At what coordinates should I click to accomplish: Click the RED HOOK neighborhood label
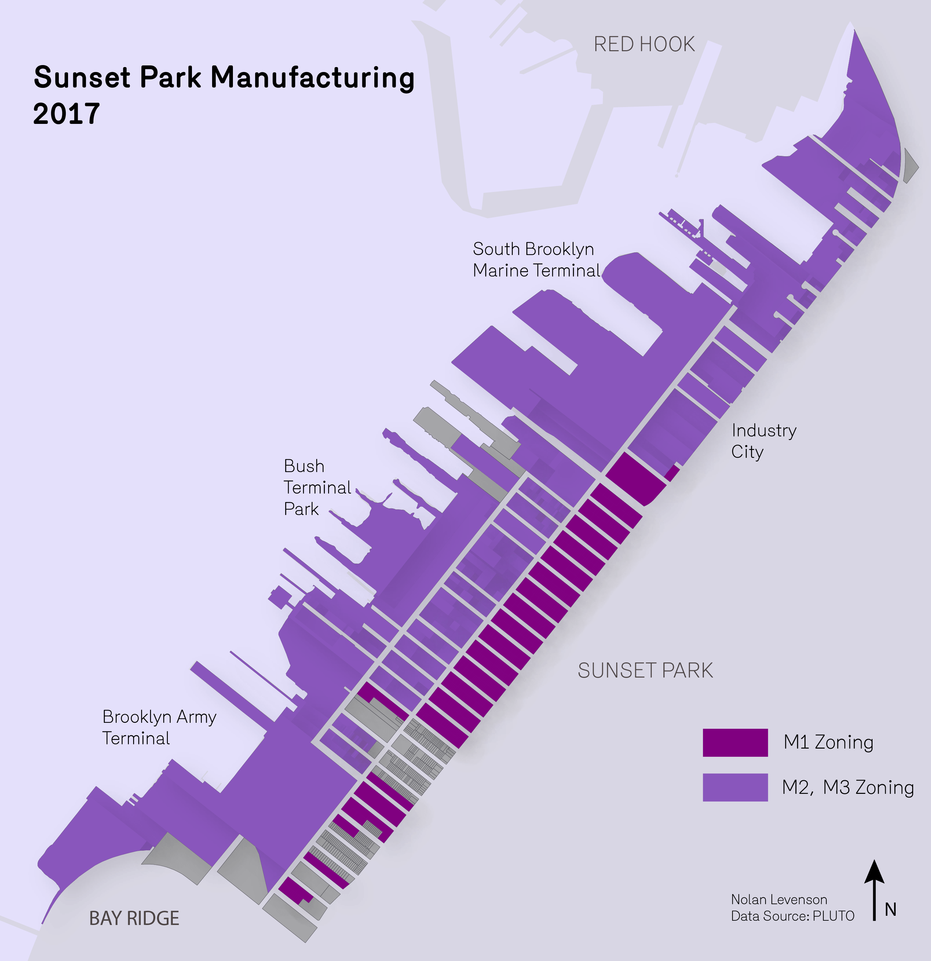[x=644, y=44]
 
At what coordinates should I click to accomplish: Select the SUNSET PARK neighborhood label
[x=645, y=671]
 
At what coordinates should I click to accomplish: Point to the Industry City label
[x=763, y=441]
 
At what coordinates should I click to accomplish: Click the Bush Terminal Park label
[x=317, y=487]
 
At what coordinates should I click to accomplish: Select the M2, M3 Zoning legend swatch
[x=735, y=788]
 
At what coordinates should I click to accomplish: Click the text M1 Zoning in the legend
[x=828, y=742]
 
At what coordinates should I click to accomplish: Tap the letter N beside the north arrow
[x=890, y=909]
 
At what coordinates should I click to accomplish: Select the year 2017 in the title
[x=67, y=114]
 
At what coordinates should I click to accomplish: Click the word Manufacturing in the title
[x=312, y=78]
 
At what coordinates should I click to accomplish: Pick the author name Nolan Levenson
[x=779, y=900]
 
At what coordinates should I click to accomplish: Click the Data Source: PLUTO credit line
[x=792, y=916]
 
